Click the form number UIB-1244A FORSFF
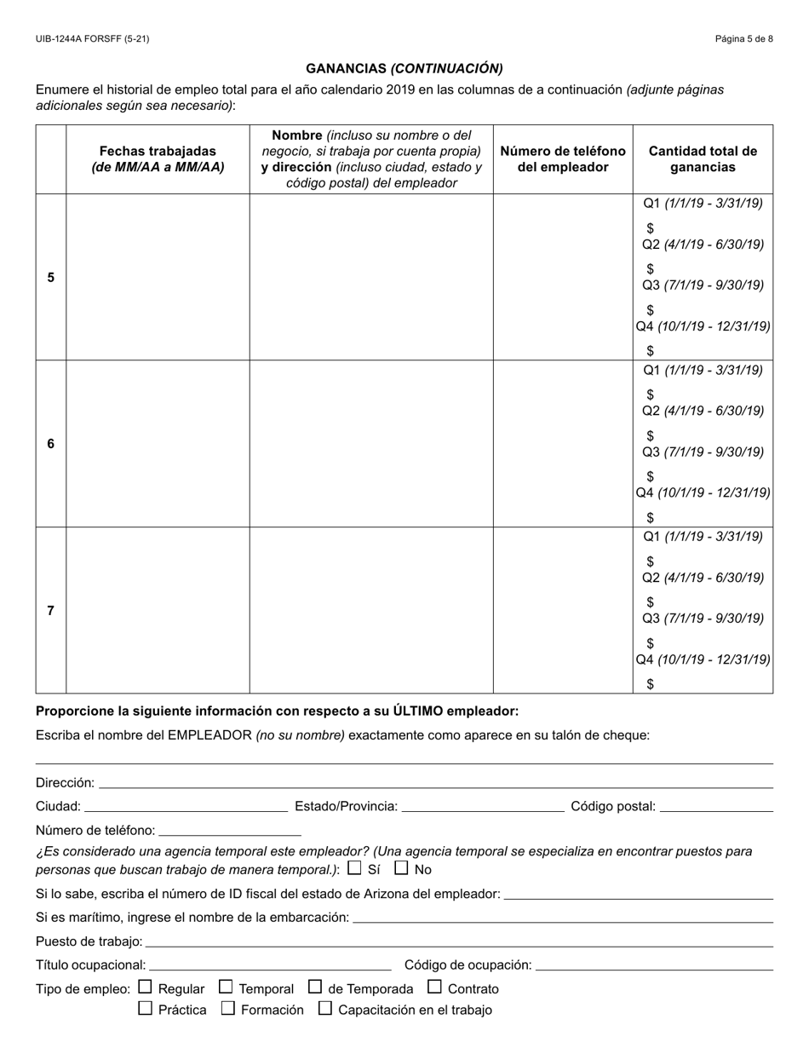(92, 39)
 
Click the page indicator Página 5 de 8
(743, 39)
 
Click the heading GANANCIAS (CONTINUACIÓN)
(404, 68)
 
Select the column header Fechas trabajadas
(158, 159)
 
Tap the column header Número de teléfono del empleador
(562, 159)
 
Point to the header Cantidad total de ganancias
(703, 159)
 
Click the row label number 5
(51, 278)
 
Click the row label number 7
(51, 611)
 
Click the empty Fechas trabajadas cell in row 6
(158, 444)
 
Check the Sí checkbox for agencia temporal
(355, 869)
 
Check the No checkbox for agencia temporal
(402, 869)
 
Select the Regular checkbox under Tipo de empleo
(145, 988)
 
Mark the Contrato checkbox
(434, 988)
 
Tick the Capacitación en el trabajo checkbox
(324, 1009)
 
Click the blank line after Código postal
(716, 807)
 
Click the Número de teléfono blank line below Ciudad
(230, 831)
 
